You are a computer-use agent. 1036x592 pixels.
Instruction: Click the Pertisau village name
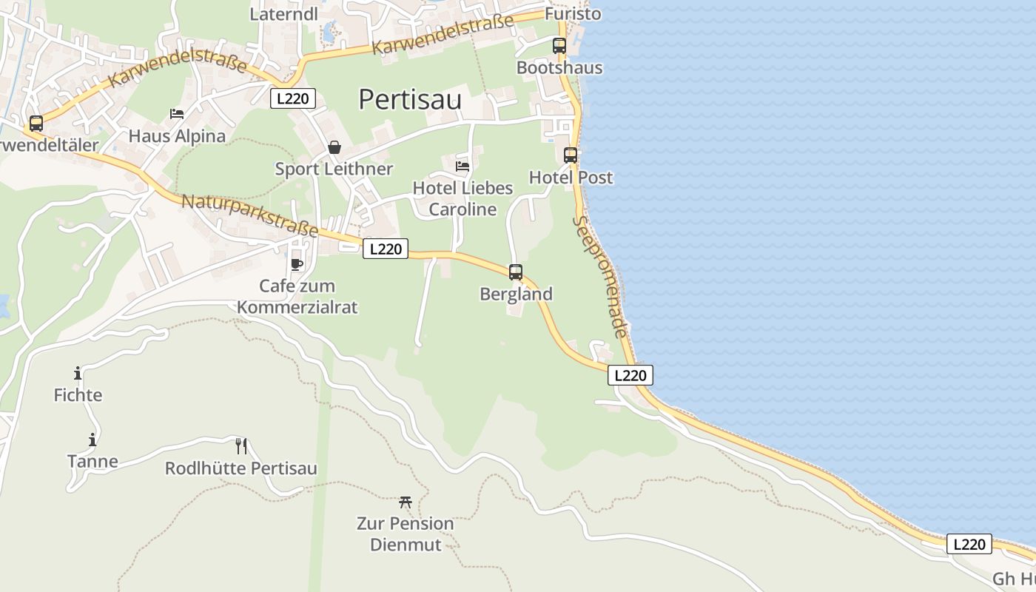pyautogui.click(x=410, y=99)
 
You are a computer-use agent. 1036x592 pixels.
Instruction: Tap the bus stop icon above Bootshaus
pyautogui.click(x=559, y=46)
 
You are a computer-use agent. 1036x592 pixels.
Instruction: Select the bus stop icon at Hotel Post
pyautogui.click(x=571, y=155)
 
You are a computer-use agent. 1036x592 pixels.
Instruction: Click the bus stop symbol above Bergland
pyautogui.click(x=516, y=272)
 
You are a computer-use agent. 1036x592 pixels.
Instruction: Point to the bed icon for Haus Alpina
pyautogui.click(x=177, y=114)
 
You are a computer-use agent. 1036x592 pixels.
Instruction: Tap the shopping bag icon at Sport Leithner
pyautogui.click(x=334, y=147)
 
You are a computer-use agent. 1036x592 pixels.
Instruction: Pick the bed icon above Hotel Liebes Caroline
pyautogui.click(x=462, y=166)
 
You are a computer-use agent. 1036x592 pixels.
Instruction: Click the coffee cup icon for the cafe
pyautogui.click(x=297, y=264)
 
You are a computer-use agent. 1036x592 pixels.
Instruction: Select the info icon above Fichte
pyautogui.click(x=78, y=373)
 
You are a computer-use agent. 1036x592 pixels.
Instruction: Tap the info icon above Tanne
pyautogui.click(x=92, y=440)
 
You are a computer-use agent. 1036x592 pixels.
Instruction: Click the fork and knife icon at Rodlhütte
pyautogui.click(x=241, y=445)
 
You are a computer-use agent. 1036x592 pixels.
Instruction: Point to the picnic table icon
pyautogui.click(x=405, y=502)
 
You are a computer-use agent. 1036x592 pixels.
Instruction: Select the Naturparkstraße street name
pyautogui.click(x=249, y=215)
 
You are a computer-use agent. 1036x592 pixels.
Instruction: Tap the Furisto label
pyautogui.click(x=573, y=14)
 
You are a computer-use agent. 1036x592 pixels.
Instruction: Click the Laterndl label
pyautogui.click(x=273, y=14)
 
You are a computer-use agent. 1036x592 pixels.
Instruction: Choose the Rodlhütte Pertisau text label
pyautogui.click(x=241, y=468)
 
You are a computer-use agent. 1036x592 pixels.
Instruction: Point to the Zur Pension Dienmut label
pyautogui.click(x=406, y=534)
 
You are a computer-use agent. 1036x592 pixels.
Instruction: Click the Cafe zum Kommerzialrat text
pyautogui.click(x=297, y=296)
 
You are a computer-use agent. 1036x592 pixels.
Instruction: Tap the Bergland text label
pyautogui.click(x=516, y=294)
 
